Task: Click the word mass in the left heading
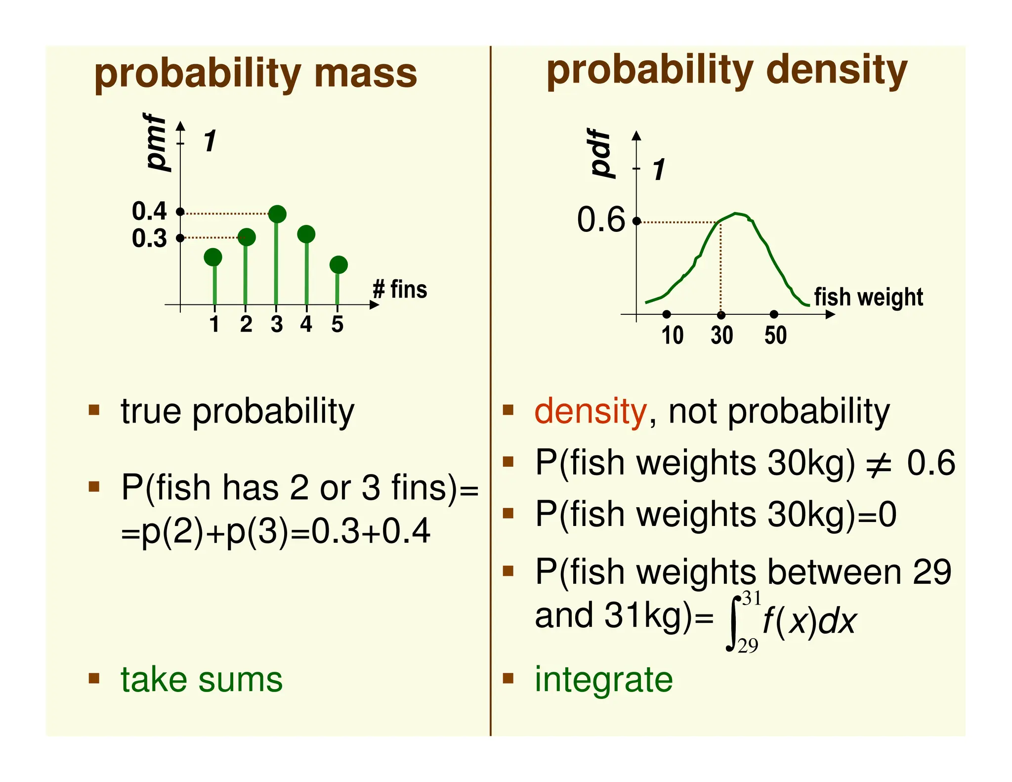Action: coord(366,74)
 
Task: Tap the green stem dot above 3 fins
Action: coord(277,214)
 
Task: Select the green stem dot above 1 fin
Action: coord(213,257)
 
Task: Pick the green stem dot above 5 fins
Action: coord(338,265)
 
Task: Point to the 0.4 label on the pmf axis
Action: coord(149,212)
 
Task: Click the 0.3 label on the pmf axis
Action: coord(149,238)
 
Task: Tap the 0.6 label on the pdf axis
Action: coord(601,219)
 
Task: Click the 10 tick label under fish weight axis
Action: coord(673,335)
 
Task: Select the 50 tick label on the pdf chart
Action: coord(775,335)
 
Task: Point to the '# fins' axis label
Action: coord(400,289)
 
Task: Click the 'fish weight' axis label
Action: coord(868,297)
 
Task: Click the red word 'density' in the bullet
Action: coord(590,411)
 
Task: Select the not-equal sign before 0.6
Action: coord(879,465)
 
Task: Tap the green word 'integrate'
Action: coord(603,680)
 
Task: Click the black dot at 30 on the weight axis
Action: coord(721,315)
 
